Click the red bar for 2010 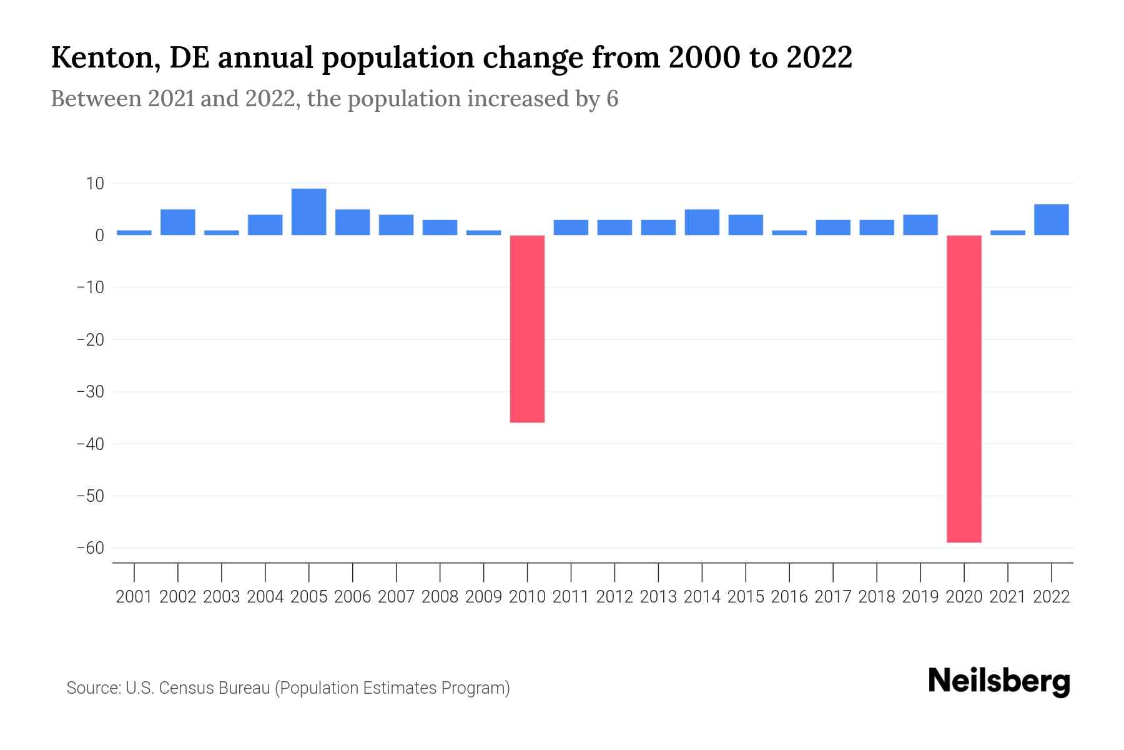point(527,329)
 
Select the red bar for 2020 point(964,388)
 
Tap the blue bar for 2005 point(308,212)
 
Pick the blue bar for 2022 point(1051,219)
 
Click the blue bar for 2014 point(702,222)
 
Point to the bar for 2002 point(178,222)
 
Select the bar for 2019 point(920,225)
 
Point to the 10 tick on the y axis point(96,184)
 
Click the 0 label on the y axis point(100,236)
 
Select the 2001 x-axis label point(134,597)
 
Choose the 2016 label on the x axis point(789,597)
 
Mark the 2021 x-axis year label point(1007,597)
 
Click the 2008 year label point(440,597)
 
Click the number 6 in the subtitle point(612,99)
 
